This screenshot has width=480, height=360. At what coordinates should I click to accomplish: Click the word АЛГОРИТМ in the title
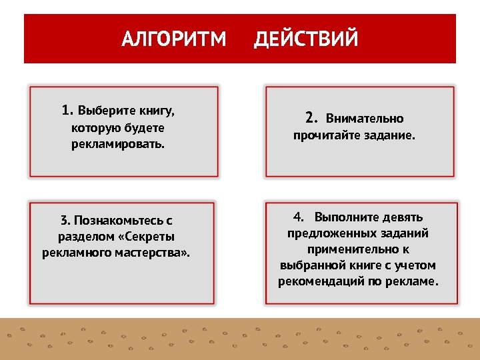(x=174, y=39)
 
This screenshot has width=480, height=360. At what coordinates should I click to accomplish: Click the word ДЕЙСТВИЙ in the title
(x=306, y=39)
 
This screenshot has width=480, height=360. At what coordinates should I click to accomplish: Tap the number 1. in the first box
(x=67, y=110)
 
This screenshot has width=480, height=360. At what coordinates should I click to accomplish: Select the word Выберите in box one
(x=106, y=111)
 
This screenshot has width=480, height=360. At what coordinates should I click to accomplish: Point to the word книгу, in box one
(x=161, y=111)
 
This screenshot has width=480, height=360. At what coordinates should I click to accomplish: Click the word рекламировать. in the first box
(x=118, y=144)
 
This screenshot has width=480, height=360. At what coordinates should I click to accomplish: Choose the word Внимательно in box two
(x=365, y=119)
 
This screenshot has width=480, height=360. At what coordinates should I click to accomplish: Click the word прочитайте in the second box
(x=326, y=135)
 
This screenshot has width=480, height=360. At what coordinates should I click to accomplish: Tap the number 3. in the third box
(x=65, y=220)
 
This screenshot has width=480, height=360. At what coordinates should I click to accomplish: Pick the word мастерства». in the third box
(x=158, y=253)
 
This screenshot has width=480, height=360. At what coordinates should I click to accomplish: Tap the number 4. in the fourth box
(x=298, y=217)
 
